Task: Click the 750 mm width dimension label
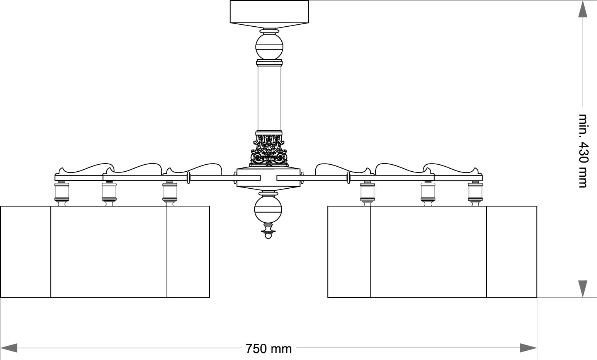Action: tap(269, 348)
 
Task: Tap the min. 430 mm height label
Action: tap(583, 151)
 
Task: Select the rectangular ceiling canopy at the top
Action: tap(269, 12)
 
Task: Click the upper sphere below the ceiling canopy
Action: tap(269, 46)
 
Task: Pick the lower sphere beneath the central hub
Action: tap(268, 210)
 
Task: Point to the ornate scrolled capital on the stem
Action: tap(269, 150)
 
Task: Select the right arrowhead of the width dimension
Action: tap(528, 348)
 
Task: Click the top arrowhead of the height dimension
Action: tap(583, 9)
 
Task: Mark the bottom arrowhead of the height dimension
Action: tap(583, 289)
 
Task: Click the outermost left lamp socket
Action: tap(62, 192)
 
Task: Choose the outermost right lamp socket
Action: tap(475, 192)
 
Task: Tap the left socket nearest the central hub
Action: tap(170, 192)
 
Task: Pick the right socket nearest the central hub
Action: tap(367, 192)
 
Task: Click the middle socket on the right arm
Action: tap(428, 192)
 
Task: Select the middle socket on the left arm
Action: tap(109, 192)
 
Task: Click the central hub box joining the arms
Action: tap(269, 177)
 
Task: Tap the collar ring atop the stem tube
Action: tap(269, 62)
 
